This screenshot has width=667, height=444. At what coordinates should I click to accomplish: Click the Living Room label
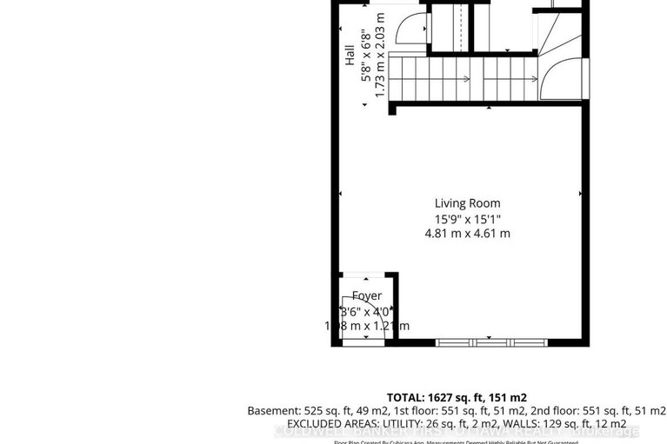[470, 202]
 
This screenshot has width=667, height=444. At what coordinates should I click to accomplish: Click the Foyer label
[366, 296]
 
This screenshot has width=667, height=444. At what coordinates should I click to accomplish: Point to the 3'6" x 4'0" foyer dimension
[366, 311]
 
